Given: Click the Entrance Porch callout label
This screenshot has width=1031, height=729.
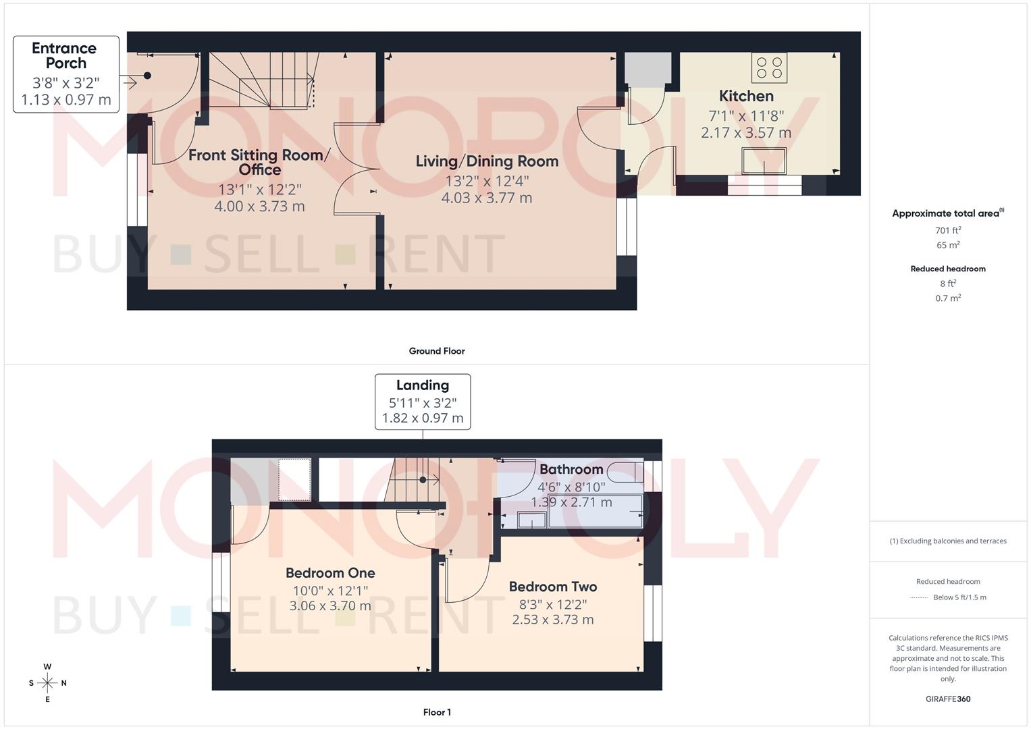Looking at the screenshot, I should (x=65, y=74).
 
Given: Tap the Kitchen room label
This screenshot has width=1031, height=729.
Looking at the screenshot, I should (x=745, y=96).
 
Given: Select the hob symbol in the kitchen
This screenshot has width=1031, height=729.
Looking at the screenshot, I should (x=769, y=67).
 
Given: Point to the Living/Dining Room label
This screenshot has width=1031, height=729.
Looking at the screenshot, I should (x=487, y=161).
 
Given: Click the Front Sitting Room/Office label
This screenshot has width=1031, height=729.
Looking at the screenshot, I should (x=259, y=162).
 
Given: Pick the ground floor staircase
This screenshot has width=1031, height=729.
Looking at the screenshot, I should (x=263, y=81).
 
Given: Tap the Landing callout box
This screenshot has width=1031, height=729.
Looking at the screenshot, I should (x=423, y=402).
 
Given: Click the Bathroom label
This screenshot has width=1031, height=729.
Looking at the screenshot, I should (x=571, y=469).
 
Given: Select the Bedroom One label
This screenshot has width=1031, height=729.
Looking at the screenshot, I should (x=330, y=573).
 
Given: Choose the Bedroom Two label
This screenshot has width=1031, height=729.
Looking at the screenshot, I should (x=553, y=587).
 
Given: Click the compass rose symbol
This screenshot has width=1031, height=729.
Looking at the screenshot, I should (x=47, y=683).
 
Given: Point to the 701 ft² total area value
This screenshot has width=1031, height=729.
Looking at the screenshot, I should (x=948, y=230).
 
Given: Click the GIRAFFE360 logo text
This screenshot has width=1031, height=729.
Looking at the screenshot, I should (x=948, y=699).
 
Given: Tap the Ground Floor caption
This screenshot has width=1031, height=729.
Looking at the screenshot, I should (x=437, y=351).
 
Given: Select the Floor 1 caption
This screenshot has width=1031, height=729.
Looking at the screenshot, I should (x=437, y=712).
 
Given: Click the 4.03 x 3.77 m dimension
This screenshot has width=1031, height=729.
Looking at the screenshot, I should (x=487, y=198).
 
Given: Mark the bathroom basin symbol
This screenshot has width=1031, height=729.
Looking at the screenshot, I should (x=532, y=520).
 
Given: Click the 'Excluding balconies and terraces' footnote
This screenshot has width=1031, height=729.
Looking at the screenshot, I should (x=948, y=541).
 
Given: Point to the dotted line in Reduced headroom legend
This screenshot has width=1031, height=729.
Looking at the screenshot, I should (x=919, y=597).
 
